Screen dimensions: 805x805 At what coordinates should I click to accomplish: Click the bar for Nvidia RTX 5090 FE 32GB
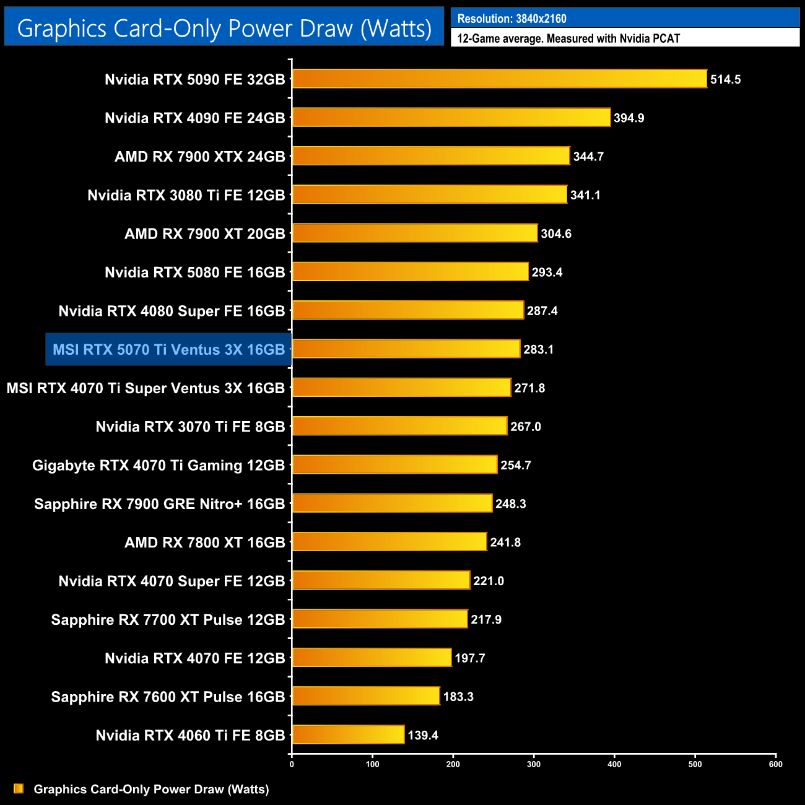(499, 79)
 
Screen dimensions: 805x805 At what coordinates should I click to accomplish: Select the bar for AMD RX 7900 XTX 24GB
(431, 156)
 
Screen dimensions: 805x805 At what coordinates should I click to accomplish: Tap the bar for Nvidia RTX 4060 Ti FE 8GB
(348, 735)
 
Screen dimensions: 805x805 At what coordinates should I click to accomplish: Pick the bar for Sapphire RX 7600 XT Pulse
(366, 696)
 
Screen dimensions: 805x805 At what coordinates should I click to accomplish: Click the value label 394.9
(629, 118)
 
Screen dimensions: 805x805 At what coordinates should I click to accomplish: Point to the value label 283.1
(538, 349)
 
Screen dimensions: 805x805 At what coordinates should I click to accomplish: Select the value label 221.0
(488, 581)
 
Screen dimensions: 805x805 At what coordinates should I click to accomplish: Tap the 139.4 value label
(422, 735)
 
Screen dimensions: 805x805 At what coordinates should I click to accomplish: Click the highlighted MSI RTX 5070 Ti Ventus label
(168, 349)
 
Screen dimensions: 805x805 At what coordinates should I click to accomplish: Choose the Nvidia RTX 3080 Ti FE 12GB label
(186, 195)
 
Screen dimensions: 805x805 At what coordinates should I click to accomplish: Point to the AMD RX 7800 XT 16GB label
(204, 542)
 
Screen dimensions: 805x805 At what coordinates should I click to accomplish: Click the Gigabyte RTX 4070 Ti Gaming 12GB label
(158, 465)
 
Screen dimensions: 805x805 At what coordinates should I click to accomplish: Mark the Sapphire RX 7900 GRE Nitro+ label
(159, 504)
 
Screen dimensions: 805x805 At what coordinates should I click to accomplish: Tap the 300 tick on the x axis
(533, 764)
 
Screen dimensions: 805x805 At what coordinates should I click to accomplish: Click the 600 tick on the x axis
(775, 764)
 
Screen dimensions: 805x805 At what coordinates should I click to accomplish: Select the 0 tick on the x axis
(292, 764)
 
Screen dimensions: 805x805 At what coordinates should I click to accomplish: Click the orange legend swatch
(19, 788)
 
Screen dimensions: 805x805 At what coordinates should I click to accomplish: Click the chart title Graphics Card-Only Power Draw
(224, 28)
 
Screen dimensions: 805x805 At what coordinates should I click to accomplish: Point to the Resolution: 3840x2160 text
(511, 19)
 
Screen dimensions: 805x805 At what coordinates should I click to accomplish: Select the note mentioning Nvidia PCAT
(568, 38)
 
